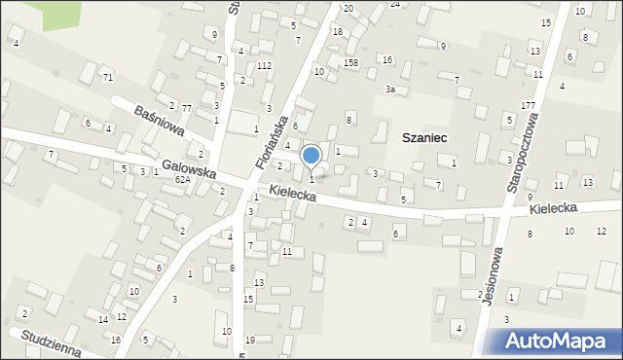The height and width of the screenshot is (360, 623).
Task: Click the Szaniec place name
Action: click(423, 138)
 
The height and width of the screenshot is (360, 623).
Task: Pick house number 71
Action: click(108, 77)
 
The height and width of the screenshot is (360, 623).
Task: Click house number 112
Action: click(264, 66)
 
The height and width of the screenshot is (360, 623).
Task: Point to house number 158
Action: click(350, 63)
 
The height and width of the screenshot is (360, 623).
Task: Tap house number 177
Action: click(529, 105)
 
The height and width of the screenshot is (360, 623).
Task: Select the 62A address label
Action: click(182, 180)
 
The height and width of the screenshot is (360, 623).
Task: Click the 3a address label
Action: click(389, 90)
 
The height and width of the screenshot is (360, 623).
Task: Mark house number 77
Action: click(186, 108)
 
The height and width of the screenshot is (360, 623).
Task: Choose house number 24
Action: click(394, 4)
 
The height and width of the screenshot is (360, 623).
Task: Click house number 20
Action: click(348, 8)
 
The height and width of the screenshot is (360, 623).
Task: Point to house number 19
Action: click(250, 340)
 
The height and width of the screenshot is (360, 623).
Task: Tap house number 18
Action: click(337, 32)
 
